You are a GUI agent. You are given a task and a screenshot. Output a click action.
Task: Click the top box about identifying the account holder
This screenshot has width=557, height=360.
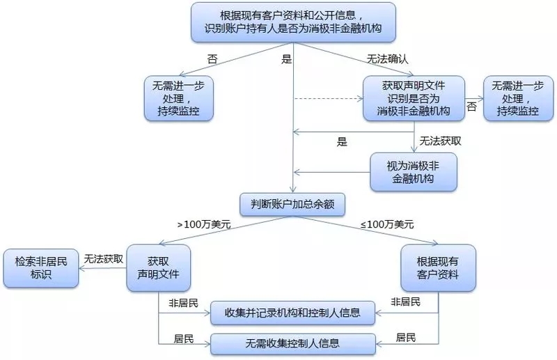point(292,22)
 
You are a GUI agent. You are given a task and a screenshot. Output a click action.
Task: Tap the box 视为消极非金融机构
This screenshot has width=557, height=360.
point(414,171)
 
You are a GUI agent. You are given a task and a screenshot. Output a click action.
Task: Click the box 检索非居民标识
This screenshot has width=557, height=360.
point(40,267)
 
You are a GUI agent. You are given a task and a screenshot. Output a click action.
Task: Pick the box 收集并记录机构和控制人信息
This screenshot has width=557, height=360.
point(293,313)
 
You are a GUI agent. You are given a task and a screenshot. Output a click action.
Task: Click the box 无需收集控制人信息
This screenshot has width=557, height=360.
point(293,343)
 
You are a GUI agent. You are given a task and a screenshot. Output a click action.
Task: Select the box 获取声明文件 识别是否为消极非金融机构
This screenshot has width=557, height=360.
point(414,98)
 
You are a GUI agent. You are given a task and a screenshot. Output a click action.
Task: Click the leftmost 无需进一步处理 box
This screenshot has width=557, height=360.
point(178,98)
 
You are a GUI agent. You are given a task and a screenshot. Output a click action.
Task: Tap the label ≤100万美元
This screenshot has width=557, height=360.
point(387,225)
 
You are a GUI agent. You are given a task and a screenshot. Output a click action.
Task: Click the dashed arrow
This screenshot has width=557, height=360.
point(327,99)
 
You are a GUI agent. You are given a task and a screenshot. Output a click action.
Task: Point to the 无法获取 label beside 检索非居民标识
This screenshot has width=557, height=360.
point(104,258)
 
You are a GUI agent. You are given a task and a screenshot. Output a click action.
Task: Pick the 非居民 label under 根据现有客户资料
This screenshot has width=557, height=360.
point(406,302)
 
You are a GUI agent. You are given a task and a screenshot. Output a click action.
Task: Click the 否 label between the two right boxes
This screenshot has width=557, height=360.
point(472,107)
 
